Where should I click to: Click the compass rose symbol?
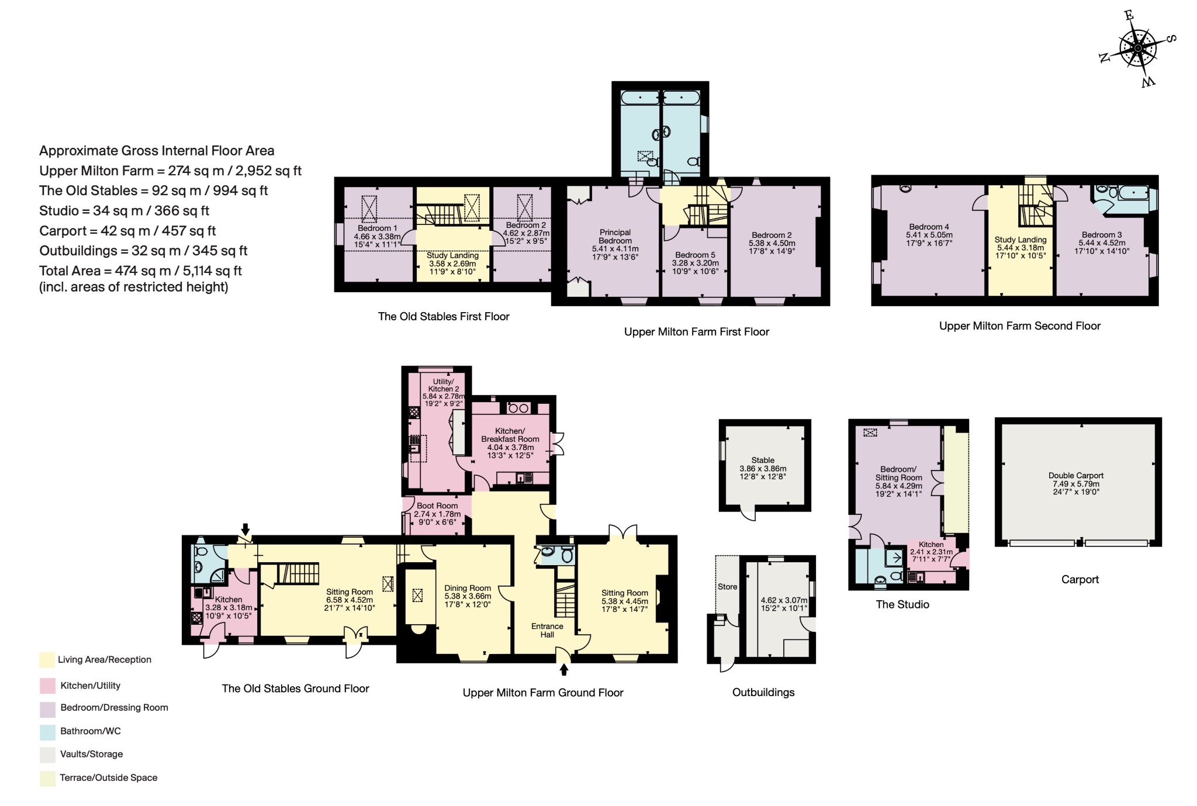1137,49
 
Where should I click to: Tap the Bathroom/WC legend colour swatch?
47,731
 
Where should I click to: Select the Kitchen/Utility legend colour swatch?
47,686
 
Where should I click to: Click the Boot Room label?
437,506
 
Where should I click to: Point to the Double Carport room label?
1075,476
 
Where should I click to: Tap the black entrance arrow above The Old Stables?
245,528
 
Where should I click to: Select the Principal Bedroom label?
615,236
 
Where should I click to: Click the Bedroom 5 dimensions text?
695,267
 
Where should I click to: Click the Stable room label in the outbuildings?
763,460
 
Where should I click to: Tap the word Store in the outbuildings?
727,586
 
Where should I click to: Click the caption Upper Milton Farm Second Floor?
1019,326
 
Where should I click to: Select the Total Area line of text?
140,271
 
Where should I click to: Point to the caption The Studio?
902,604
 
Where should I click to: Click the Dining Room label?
468,588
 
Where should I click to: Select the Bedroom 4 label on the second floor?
929,227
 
